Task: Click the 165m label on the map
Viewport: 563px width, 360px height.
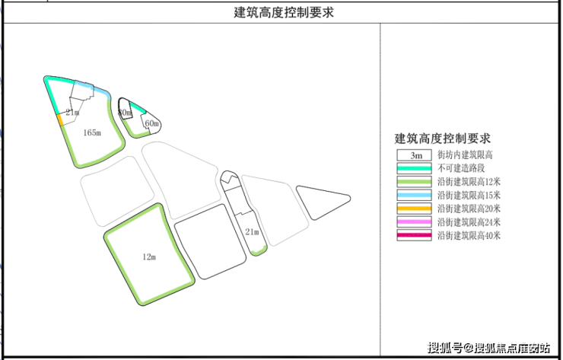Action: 91,132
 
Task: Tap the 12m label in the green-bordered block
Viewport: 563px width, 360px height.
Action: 149,257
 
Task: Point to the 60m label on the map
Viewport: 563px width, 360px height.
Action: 151,123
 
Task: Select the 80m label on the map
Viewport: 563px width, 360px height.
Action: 126,113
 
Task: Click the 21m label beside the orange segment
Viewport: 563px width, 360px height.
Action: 72,113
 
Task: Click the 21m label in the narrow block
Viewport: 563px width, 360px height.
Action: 252,231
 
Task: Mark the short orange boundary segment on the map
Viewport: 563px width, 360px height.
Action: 60,120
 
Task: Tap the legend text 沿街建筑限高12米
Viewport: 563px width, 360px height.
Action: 469,182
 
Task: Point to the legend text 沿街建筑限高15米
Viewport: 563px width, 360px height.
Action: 469,196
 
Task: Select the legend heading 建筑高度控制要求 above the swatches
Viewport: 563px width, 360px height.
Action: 442,139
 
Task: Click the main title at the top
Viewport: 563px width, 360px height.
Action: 283,13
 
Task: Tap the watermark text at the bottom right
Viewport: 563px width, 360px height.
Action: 488,348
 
